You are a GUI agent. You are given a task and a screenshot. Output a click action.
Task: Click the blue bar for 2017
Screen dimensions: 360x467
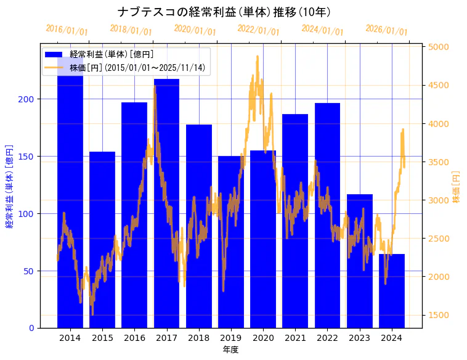166,203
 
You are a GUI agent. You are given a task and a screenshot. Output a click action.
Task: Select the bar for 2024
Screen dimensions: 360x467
391,290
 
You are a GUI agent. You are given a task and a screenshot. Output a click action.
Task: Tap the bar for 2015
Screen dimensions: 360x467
102,240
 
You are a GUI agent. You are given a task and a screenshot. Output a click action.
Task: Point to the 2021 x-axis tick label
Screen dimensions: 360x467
295,338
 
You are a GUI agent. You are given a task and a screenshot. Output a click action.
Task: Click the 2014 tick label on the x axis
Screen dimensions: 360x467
70,338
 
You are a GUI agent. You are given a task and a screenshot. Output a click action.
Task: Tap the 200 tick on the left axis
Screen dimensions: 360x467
26,99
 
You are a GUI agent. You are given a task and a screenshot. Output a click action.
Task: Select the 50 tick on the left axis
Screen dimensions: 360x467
29,271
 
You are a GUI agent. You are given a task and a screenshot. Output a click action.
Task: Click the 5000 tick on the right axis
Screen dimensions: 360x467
439,47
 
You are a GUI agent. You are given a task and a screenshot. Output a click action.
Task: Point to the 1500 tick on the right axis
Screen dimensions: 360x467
439,315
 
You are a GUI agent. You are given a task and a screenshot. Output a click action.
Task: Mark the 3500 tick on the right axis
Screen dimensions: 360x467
439,162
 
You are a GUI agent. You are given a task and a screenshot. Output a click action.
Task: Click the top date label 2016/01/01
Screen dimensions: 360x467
67,30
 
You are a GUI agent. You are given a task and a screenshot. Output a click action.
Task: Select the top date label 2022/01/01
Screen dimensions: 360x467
258,30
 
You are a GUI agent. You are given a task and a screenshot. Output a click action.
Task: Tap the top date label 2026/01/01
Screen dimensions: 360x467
386,30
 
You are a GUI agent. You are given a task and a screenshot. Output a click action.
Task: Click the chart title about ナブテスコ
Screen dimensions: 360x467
224,12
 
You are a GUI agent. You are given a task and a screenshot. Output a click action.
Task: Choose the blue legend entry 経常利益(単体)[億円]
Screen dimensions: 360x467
111,54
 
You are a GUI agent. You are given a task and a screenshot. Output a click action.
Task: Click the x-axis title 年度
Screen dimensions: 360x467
230,350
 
